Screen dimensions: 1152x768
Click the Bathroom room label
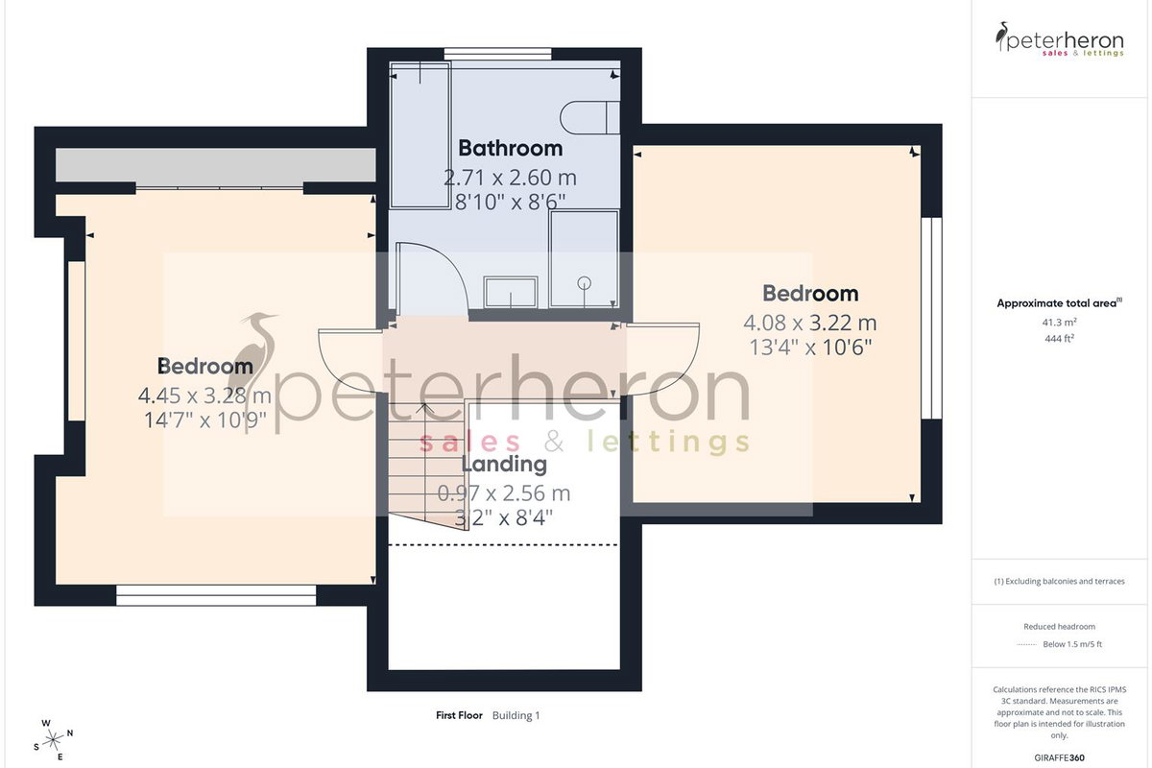click(510, 148)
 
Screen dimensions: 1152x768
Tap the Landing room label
click(504, 464)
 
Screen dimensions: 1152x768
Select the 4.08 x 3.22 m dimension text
click(810, 324)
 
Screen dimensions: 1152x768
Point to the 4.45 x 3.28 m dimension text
click(204, 396)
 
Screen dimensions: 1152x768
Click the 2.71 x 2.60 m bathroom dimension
click(510, 178)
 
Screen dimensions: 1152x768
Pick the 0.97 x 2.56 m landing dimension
click(504, 493)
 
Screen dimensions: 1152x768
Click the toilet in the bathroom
click(589, 118)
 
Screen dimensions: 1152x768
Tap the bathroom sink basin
click(511, 292)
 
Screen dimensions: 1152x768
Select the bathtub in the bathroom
click(420, 134)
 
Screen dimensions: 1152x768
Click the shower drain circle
click(585, 282)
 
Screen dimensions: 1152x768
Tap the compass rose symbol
click(53, 740)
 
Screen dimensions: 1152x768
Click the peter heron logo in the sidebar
click(1060, 39)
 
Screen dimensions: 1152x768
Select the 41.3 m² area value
click(1059, 323)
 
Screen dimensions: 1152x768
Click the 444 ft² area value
click(1059, 339)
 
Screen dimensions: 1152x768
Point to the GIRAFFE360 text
click(1059, 757)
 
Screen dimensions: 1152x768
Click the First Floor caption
click(459, 715)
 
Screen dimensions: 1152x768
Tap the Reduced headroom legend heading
click(1059, 627)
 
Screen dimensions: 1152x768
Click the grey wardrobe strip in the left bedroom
click(215, 164)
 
